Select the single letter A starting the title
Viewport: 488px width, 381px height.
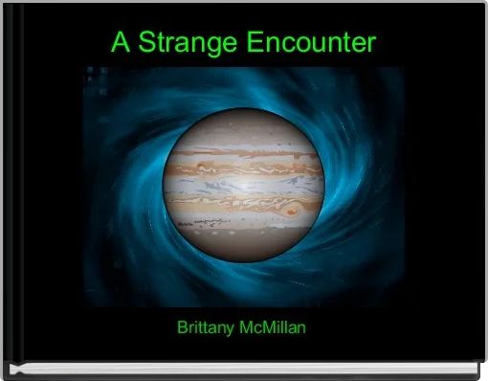[x=120, y=43]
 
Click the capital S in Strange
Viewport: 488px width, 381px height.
[x=144, y=43]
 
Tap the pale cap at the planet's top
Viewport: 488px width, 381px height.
[x=243, y=123]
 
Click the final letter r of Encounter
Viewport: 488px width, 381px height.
[x=371, y=44]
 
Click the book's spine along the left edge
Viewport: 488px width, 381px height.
[x=6, y=191]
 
